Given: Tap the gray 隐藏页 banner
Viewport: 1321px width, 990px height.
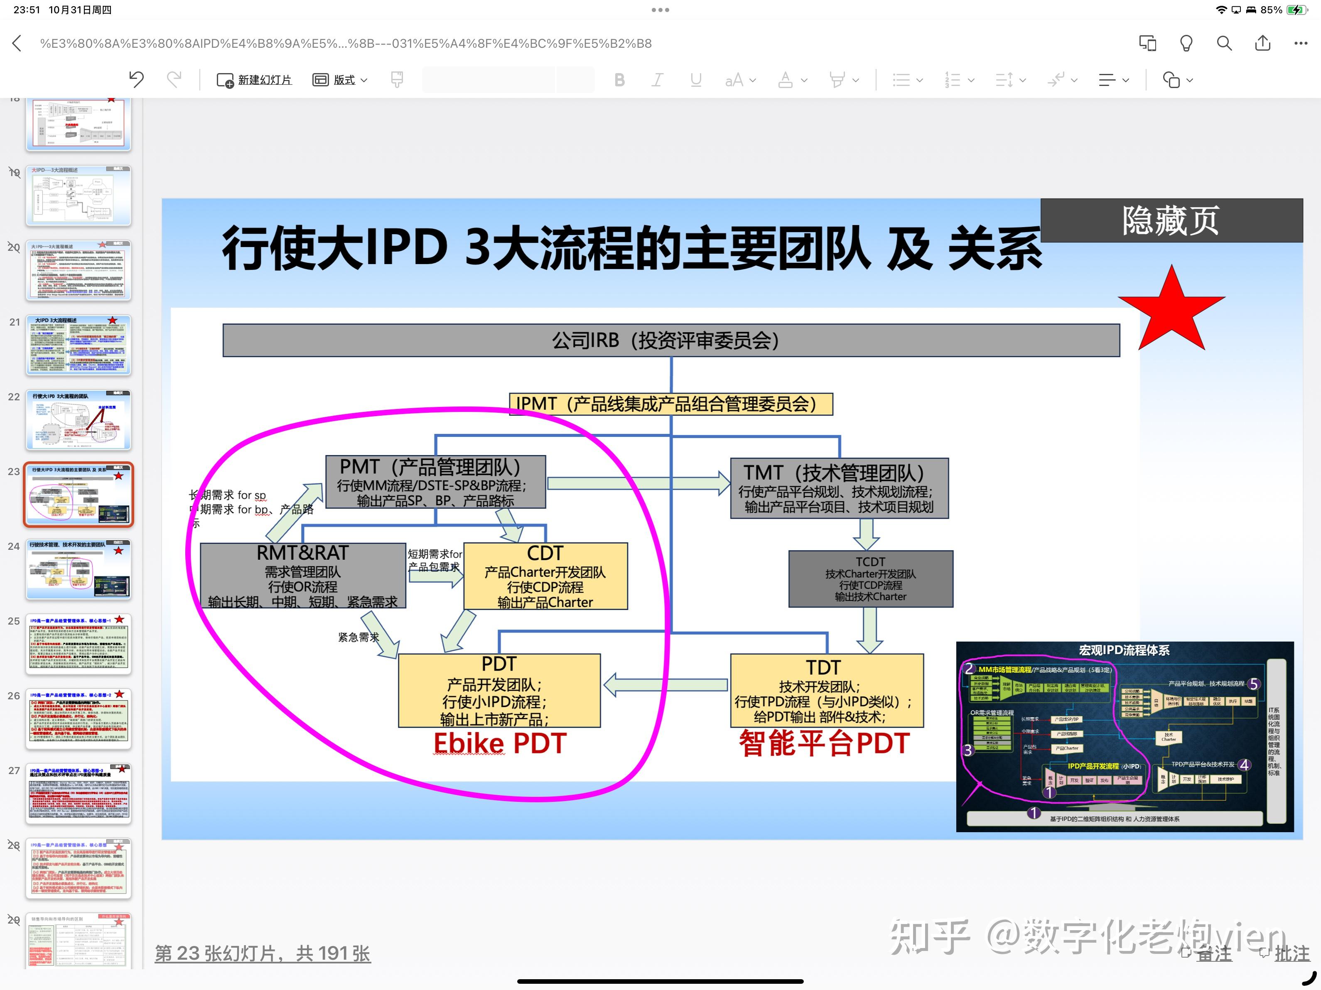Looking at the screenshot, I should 1171,221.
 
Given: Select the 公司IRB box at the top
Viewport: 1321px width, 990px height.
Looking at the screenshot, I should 670,341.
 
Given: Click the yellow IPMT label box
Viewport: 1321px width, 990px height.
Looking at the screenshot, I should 670,404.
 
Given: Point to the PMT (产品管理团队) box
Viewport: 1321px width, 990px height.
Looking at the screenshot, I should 435,482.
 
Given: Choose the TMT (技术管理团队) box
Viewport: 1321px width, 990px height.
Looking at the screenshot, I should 839,488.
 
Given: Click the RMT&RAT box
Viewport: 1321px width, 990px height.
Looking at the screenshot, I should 303,576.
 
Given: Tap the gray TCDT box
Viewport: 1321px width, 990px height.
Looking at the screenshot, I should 870,578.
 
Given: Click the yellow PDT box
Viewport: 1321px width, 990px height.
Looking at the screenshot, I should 499,690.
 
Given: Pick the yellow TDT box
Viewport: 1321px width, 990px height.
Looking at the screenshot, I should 827,690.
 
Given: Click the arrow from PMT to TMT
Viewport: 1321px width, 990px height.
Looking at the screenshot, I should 638,483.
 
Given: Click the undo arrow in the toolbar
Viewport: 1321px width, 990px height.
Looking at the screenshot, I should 137,79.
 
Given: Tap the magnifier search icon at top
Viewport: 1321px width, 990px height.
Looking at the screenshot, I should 1224,44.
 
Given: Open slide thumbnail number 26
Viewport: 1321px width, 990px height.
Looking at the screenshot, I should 78,718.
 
